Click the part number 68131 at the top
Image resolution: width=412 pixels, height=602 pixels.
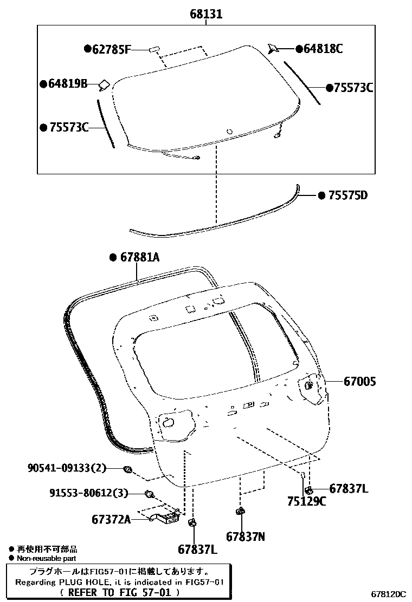pyautogui.click(x=206, y=15)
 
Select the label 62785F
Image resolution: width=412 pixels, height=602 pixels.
pyautogui.click(x=111, y=49)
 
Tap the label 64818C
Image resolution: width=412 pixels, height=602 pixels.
pyautogui.click(x=323, y=49)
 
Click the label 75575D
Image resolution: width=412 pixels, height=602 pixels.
pyautogui.click(x=347, y=195)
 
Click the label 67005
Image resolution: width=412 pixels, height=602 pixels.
pyautogui.click(x=359, y=382)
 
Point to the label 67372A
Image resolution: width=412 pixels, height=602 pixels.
pyautogui.click(x=111, y=520)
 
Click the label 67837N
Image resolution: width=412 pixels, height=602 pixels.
pyautogui.click(x=246, y=536)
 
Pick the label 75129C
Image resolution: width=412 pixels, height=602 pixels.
pyautogui.click(x=307, y=501)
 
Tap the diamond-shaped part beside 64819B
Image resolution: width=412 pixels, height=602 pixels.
pyautogui.click(x=104, y=84)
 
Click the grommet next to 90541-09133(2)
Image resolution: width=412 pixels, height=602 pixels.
pyautogui.click(x=128, y=469)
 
